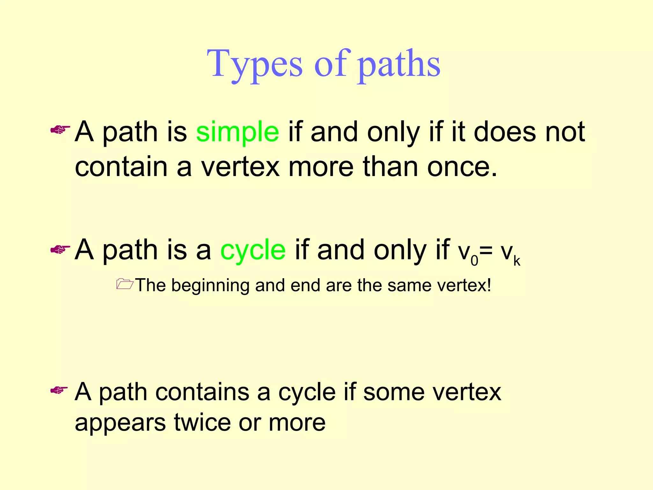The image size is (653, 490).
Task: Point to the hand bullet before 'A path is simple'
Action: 60,130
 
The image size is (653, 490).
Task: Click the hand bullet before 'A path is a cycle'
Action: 60,249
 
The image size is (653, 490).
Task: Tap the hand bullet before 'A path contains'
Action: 59,390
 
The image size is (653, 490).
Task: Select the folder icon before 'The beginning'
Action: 124,284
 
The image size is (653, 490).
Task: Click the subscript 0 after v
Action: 474,261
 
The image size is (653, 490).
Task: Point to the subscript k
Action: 517,261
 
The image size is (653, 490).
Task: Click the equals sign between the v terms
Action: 486,250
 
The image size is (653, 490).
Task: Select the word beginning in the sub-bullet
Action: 210,286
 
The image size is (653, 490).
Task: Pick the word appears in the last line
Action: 120,423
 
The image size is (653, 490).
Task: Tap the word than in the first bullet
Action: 390,167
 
